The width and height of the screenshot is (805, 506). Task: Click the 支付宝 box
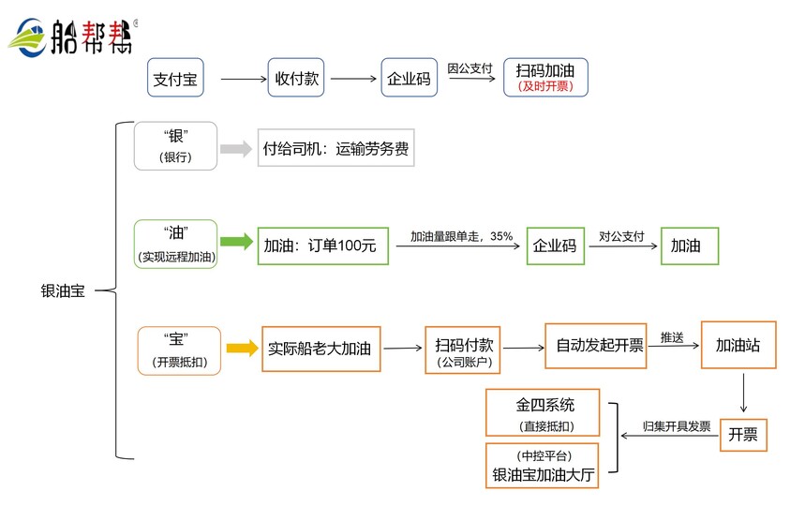175,79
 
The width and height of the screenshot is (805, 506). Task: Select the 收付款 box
295,79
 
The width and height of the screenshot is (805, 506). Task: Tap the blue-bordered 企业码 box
410,79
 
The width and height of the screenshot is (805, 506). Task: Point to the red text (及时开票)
545,87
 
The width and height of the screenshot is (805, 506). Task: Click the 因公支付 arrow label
470,68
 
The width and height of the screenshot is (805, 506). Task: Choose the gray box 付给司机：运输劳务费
335,148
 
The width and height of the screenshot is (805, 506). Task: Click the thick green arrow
237,243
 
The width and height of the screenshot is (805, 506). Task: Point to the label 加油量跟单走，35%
461,236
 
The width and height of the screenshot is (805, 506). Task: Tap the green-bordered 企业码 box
554,246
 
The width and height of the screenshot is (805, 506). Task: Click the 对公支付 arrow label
621,236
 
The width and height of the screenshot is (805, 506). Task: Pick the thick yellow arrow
241,349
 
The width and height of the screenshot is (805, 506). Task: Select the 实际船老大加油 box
321,349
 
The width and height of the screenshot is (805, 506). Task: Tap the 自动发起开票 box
599,345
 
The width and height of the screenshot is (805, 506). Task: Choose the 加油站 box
738,345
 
